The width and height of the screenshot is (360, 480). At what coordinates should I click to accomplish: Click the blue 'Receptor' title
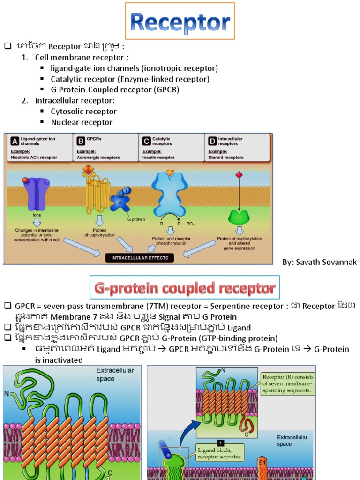tap(180, 22)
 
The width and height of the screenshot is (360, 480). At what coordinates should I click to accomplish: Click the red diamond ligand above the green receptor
tap(239, 175)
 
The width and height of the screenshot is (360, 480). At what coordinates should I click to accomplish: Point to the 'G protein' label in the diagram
tap(136, 219)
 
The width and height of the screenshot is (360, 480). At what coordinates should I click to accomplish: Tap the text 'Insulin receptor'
tap(158, 157)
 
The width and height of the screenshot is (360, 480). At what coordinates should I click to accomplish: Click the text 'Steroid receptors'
tap(226, 157)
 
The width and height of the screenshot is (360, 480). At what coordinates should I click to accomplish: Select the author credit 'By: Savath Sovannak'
tap(319, 262)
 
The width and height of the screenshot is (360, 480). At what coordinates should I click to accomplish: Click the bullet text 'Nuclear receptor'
tap(82, 122)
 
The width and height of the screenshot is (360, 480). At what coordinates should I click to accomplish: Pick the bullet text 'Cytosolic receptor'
tap(83, 112)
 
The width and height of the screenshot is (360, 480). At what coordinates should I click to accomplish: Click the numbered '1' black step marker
tap(220, 442)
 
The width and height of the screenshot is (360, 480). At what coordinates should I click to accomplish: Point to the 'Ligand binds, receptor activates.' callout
tap(220, 453)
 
